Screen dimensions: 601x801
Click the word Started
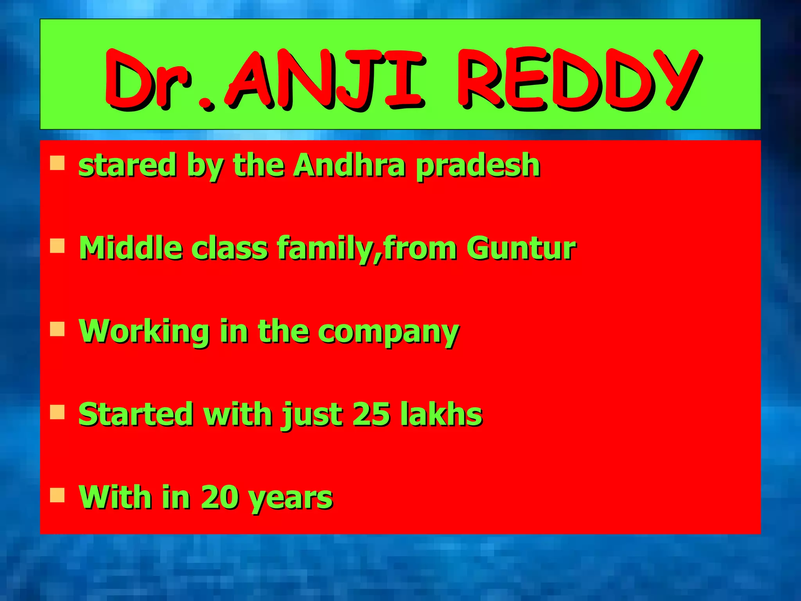135,414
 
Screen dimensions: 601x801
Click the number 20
219,497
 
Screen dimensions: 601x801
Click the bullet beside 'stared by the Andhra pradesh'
57,163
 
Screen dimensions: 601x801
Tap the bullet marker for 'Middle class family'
57,247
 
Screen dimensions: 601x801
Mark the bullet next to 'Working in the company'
57,329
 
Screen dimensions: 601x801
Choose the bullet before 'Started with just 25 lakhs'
57,412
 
